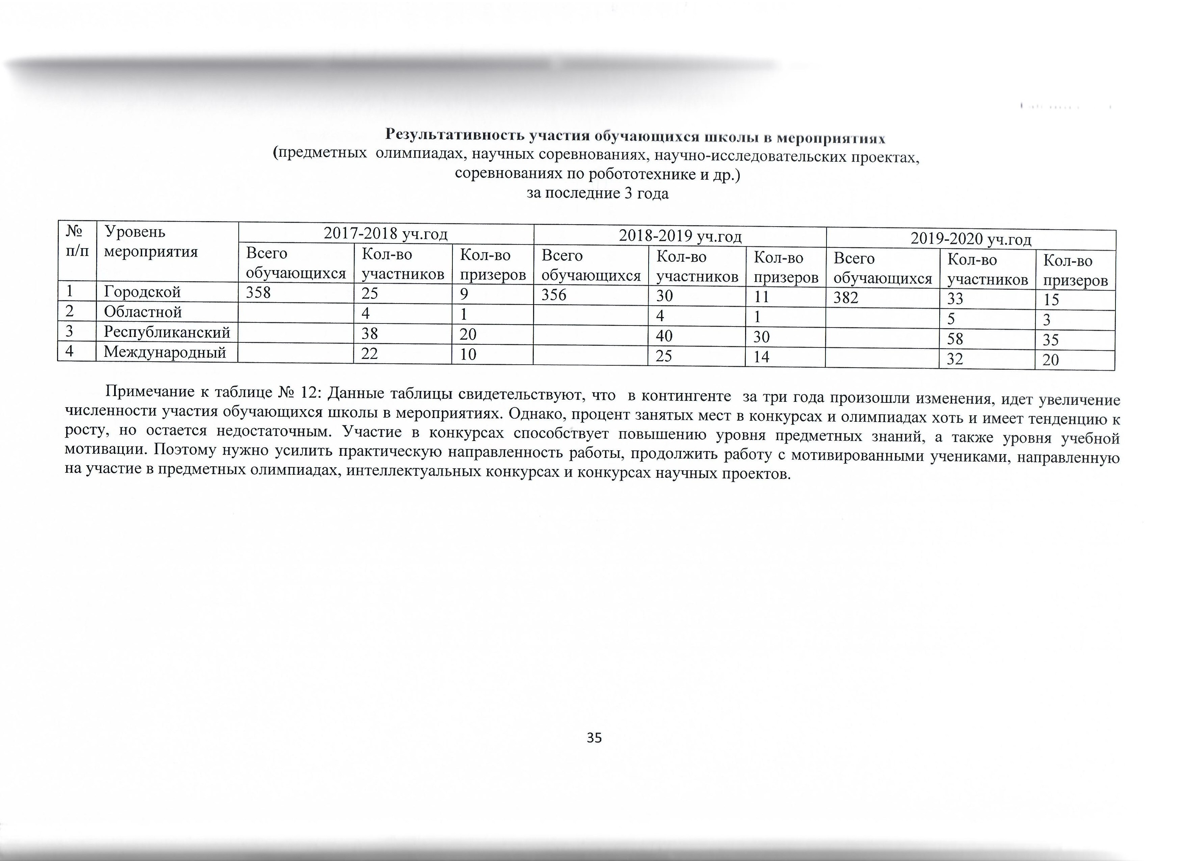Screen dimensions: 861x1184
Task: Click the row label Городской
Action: pos(142,292)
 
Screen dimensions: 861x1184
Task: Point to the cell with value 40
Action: pos(664,336)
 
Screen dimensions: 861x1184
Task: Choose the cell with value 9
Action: pos(464,293)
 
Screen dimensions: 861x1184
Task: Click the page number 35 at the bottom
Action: pos(594,737)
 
